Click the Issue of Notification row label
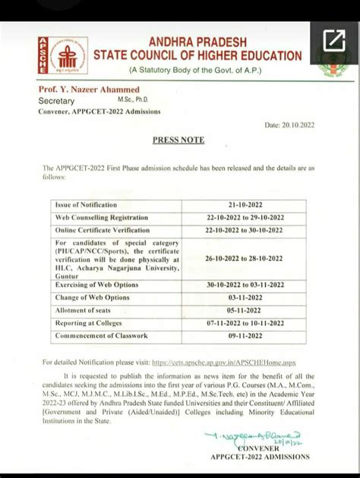point(85,205)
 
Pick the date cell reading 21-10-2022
point(243,205)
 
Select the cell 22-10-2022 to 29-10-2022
point(243,218)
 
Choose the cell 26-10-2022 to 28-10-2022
point(243,259)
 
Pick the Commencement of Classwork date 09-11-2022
point(243,335)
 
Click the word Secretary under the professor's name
point(58,100)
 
